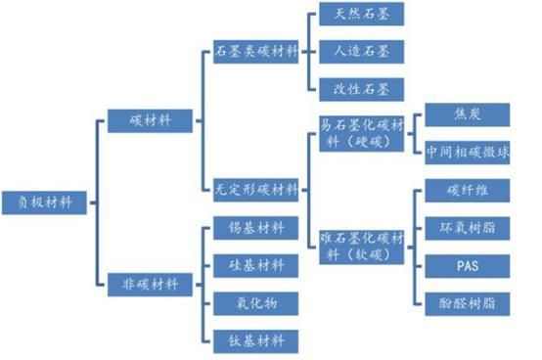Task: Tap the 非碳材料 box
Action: pos(150,286)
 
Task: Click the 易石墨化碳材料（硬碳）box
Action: pos(361,133)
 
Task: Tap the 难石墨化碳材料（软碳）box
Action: pos(361,247)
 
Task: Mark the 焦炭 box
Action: pos(467,115)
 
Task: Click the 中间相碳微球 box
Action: pos(467,153)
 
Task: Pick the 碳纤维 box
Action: pos(467,192)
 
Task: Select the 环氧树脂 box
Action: pos(467,228)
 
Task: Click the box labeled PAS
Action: pos(467,265)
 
